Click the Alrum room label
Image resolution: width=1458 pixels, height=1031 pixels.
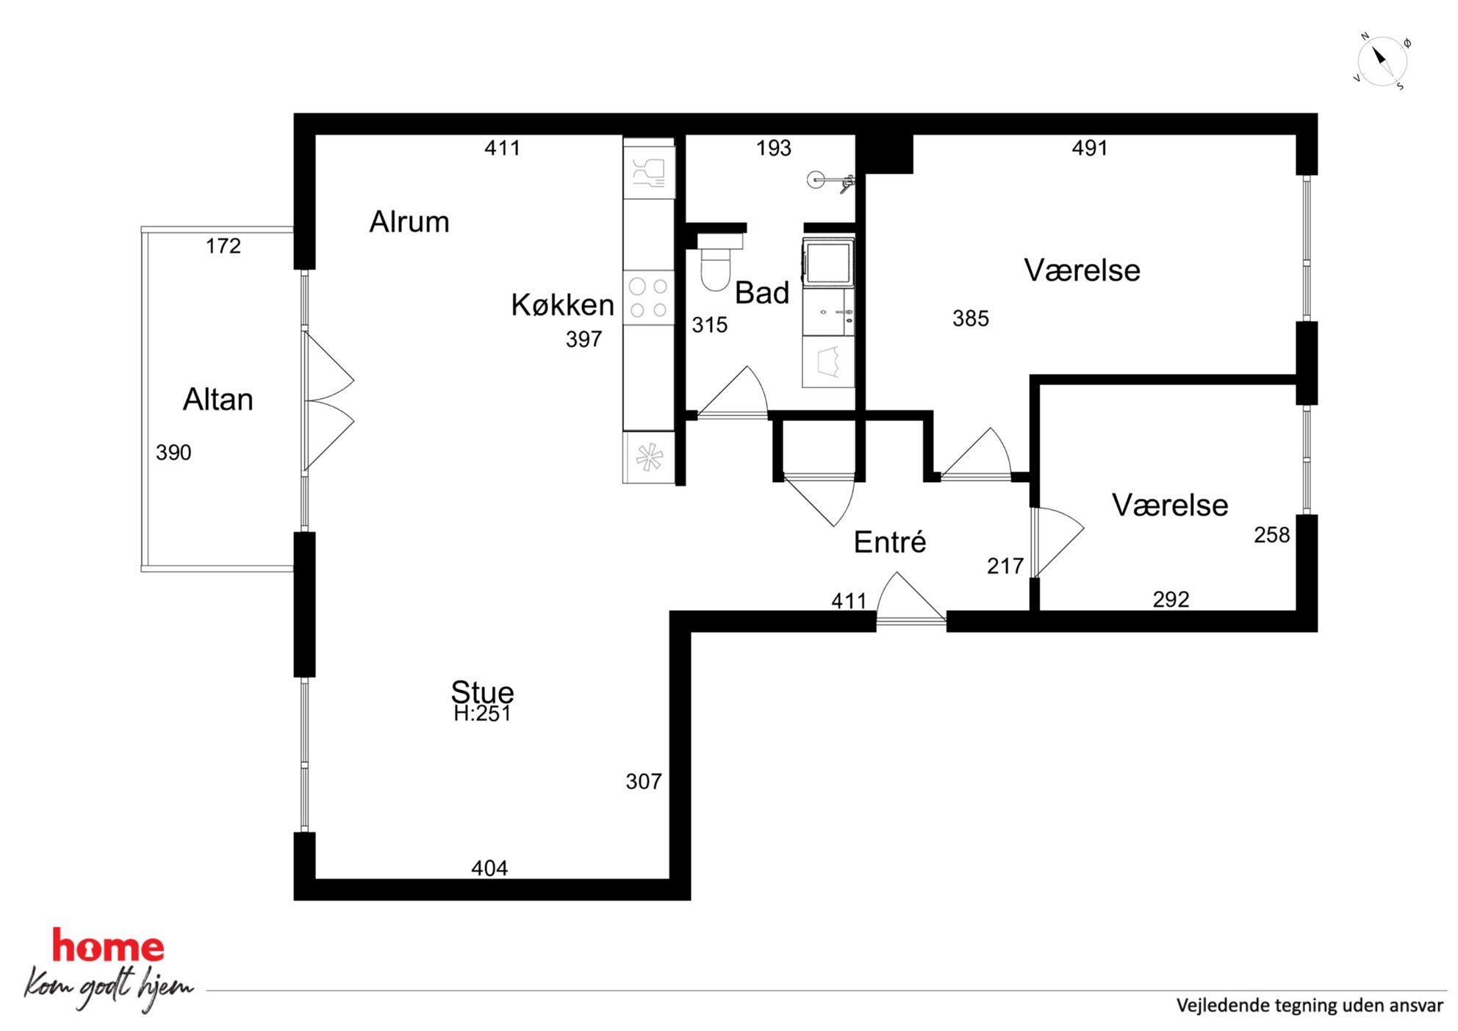[x=409, y=222]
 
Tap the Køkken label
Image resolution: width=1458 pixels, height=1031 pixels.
[x=562, y=305]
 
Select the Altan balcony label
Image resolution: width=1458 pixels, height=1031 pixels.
[x=218, y=400]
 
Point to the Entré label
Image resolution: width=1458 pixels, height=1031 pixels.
[x=889, y=542]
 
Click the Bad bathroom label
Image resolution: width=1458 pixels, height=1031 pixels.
[x=762, y=293]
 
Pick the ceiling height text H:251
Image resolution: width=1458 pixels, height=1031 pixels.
[x=482, y=714]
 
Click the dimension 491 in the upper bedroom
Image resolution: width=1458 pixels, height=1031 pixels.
[x=1089, y=148]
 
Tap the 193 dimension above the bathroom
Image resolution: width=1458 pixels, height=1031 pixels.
[x=774, y=148]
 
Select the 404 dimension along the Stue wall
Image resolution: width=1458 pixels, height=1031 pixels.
[x=489, y=869]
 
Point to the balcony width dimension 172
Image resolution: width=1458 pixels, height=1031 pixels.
[x=223, y=246]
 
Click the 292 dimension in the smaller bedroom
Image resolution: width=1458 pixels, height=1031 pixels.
[x=1171, y=600]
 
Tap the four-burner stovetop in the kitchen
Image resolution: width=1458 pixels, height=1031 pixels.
[x=649, y=298]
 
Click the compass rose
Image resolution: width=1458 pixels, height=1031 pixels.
[x=1382, y=61]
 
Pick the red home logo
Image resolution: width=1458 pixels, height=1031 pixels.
[x=108, y=946]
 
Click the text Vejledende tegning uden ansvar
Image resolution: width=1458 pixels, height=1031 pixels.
[x=1310, y=1005]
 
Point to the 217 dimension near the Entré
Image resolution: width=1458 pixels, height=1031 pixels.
[x=1005, y=567]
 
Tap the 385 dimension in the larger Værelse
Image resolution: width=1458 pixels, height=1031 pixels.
[x=971, y=319]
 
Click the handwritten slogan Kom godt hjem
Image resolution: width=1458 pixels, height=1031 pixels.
[x=108, y=988]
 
